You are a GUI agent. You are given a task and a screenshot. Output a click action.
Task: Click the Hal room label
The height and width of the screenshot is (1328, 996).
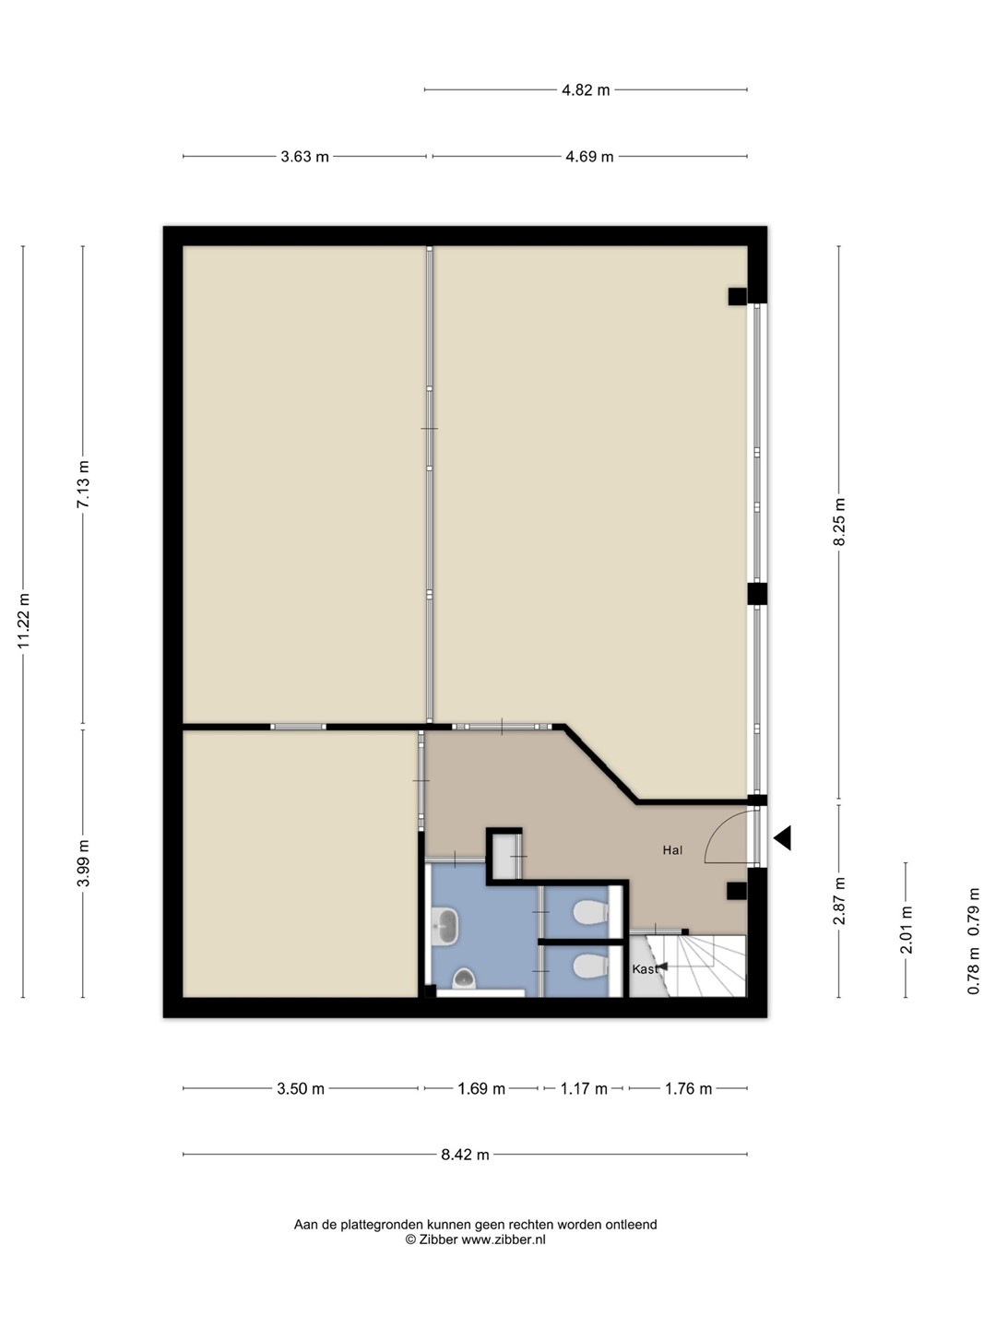pos(672,850)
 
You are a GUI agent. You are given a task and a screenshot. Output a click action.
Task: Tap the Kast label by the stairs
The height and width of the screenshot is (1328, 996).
pos(645,969)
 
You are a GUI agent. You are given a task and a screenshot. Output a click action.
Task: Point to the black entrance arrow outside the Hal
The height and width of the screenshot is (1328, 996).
pos(782,838)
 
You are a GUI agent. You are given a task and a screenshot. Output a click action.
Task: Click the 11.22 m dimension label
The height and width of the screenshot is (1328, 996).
pos(24,621)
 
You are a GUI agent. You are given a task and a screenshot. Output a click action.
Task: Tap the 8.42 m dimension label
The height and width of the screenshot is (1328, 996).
pos(465,1155)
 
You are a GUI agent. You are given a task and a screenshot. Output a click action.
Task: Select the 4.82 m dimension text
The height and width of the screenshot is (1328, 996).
pos(586,90)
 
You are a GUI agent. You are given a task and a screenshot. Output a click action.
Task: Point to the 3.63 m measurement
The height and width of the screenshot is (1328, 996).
pos(304,157)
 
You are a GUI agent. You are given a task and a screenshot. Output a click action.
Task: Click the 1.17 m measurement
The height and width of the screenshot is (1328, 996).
pos(584,1089)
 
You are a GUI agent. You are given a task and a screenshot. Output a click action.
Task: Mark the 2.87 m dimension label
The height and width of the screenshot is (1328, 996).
pos(839,901)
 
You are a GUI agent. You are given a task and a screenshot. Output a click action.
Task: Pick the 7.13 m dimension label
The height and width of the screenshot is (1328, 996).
pos(83,484)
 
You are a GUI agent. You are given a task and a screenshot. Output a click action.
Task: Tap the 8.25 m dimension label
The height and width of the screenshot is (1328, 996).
pos(839,522)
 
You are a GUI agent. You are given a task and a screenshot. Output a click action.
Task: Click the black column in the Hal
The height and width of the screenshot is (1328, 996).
pos(737,891)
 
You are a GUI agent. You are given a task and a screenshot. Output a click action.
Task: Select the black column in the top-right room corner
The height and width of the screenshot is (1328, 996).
pos(737,296)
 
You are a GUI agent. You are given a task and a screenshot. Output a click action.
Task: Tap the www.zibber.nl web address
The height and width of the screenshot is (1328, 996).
pos(504,1239)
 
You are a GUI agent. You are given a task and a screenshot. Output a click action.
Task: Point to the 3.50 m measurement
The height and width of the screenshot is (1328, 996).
pos(301,1089)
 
